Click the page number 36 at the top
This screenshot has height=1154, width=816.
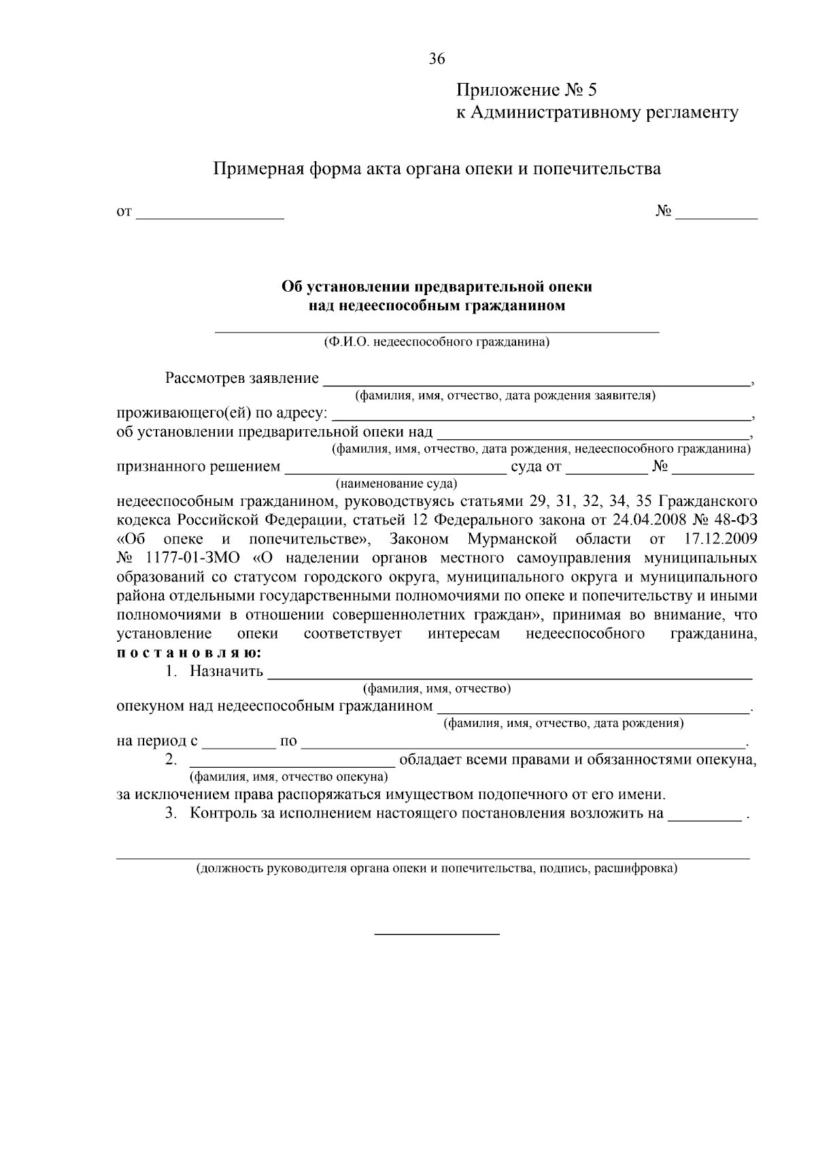coord(437,59)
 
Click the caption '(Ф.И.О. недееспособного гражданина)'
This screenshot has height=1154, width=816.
coord(437,342)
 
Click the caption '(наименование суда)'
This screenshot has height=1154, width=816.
coord(396,484)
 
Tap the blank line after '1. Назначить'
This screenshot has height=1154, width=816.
coord(510,675)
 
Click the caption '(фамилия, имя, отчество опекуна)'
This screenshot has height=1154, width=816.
coord(288,777)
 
